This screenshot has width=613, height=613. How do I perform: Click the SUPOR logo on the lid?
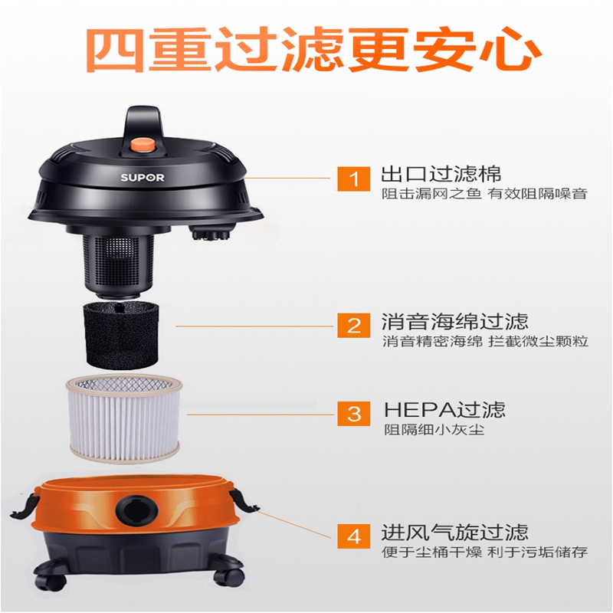pyautogui.click(x=143, y=178)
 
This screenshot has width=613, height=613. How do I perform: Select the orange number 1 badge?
pyautogui.click(x=353, y=179)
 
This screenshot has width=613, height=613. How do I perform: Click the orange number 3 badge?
pyautogui.click(x=353, y=413)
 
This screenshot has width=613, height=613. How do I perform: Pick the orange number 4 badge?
pyautogui.click(x=353, y=536)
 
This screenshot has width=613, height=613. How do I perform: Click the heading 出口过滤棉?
pyautogui.click(x=441, y=175)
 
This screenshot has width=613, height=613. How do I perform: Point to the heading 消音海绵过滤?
pyautogui.click(x=454, y=321)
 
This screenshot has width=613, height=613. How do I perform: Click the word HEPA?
pyautogui.click(x=420, y=410)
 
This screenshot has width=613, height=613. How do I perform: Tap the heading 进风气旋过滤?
pyautogui.click(x=454, y=532)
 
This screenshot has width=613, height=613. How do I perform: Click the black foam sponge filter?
pyautogui.click(x=122, y=336)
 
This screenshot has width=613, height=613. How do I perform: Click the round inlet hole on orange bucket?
pyautogui.click(x=136, y=509)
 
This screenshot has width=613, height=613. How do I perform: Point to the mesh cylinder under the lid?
pyautogui.click(x=117, y=261)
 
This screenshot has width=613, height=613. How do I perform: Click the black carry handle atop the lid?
pyautogui.click(x=143, y=125)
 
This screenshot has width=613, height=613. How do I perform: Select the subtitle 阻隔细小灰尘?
pyautogui.click(x=434, y=430)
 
